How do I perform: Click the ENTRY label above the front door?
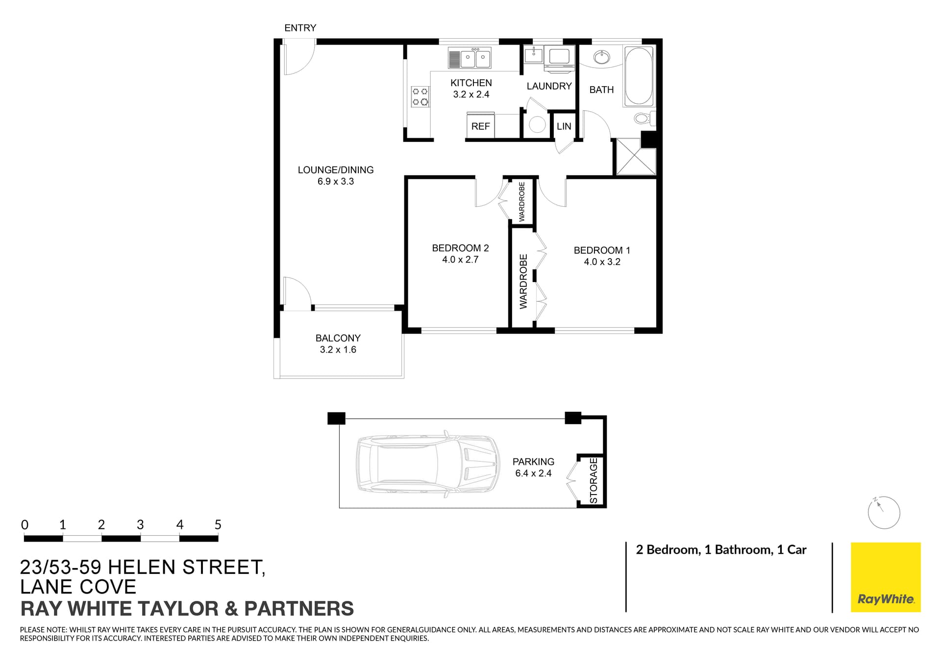pyautogui.click(x=300, y=28)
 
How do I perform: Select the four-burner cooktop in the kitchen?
pyautogui.click(x=420, y=96)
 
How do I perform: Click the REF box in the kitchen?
pyautogui.click(x=480, y=126)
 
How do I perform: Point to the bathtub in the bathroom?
pyautogui.click(x=639, y=76)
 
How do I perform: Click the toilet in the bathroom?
pyautogui.click(x=643, y=119)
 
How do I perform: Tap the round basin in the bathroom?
pyautogui.click(x=601, y=58)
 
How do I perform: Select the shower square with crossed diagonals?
pyautogui.click(x=636, y=157)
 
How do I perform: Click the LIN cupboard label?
pyautogui.click(x=564, y=126)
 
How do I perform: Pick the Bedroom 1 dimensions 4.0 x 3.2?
pyautogui.click(x=602, y=262)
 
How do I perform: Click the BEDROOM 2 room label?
pyautogui.click(x=460, y=248)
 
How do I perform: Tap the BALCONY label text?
pyautogui.click(x=338, y=338)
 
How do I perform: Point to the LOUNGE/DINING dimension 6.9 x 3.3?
pyautogui.click(x=336, y=182)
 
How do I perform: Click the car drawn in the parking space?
pyautogui.click(x=428, y=464)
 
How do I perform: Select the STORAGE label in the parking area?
pyautogui.click(x=594, y=480)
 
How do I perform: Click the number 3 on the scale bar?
pyautogui.click(x=140, y=524)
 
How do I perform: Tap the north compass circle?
pyautogui.click(x=884, y=513)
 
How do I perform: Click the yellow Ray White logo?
pyautogui.click(x=885, y=577)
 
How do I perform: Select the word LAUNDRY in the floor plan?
pyautogui.click(x=549, y=86)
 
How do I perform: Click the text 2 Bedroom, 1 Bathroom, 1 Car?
pyautogui.click(x=721, y=549)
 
